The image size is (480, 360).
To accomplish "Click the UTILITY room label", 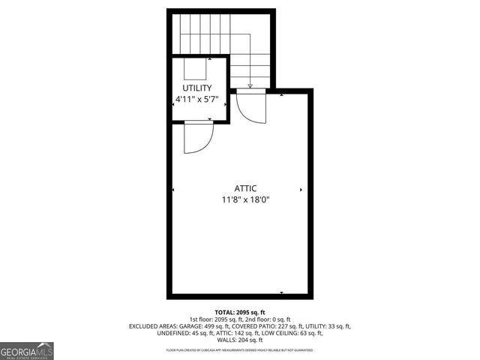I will pyautogui.click(x=196, y=88).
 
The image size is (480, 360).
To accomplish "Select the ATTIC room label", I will pyautogui.click(x=245, y=188).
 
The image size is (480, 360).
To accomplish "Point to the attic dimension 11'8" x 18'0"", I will pyautogui.click(x=245, y=199).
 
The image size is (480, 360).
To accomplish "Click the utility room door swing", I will pyautogui.click(x=199, y=138).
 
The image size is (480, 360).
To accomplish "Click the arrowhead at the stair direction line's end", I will pyautogui.click(x=250, y=86).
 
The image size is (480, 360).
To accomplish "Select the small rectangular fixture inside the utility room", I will pyautogui.click(x=196, y=69).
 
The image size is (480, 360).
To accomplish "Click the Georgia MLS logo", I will pyautogui.click(x=27, y=351).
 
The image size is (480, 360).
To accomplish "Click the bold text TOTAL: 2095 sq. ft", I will pyautogui.click(x=240, y=312).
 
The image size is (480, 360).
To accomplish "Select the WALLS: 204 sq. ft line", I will pyautogui.click(x=240, y=340).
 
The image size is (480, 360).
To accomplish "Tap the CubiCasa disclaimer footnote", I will pyautogui.click(x=240, y=349).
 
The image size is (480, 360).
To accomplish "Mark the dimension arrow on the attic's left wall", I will pyautogui.click(x=174, y=190).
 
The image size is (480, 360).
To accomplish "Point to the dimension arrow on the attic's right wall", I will pyautogui.click(x=301, y=190).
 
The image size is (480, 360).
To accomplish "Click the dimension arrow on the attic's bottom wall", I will pyautogui.click(x=281, y=292).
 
